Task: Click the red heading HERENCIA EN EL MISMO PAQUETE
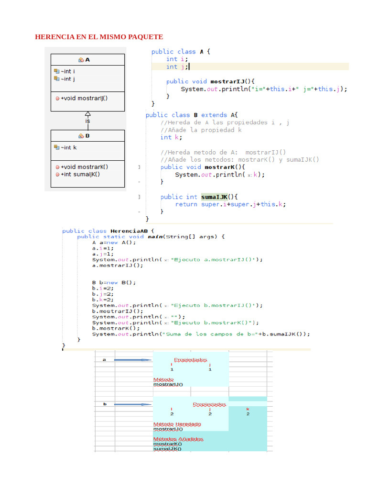point(99,37)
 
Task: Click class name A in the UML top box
point(87,60)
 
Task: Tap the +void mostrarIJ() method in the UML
point(81,98)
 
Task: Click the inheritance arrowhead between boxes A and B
point(87,114)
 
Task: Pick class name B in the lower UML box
point(87,136)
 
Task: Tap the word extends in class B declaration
point(214,115)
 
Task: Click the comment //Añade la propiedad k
point(201,130)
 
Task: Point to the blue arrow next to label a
point(132,360)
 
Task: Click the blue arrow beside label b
point(132,404)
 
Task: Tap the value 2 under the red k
point(248,414)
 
